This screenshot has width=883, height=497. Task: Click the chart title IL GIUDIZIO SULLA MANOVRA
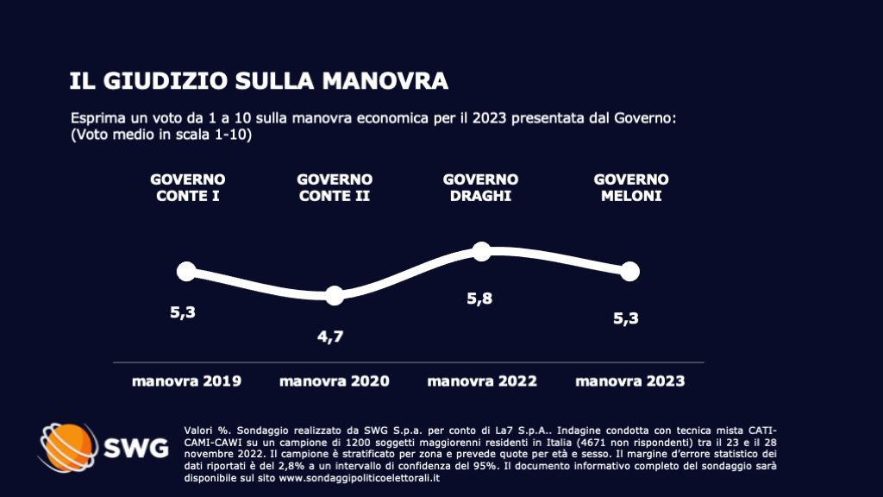click(259, 81)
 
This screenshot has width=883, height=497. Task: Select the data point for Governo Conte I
click(186, 271)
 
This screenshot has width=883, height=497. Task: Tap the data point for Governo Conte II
click(335, 295)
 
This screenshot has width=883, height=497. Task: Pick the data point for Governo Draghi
click(482, 251)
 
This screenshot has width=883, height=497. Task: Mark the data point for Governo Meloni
click(630, 271)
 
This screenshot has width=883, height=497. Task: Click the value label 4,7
click(330, 337)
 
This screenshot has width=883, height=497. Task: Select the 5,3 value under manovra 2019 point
click(183, 312)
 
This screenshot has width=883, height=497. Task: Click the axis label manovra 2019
click(186, 381)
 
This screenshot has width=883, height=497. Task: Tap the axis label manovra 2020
click(335, 381)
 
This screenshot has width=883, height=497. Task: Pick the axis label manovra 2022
click(482, 381)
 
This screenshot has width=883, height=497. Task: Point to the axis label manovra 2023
click(630, 381)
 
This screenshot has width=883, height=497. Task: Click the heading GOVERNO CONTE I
click(188, 187)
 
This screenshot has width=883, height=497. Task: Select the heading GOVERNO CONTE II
click(335, 187)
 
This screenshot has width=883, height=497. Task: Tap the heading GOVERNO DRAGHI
click(480, 187)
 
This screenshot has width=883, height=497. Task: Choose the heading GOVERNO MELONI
click(631, 187)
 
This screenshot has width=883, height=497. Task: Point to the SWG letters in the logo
click(136, 449)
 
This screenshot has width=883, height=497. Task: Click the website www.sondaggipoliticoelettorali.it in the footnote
click(358, 478)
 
